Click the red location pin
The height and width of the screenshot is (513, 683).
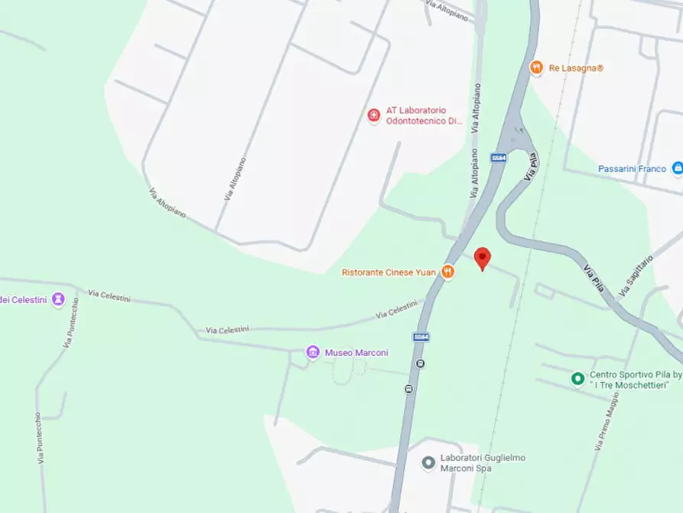(x=482, y=258)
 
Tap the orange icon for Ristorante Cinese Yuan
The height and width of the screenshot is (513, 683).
(x=449, y=272)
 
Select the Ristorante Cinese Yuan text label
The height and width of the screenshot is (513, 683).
(x=389, y=272)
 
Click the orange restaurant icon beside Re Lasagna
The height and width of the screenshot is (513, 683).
(x=536, y=67)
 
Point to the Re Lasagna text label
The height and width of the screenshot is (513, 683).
(x=576, y=68)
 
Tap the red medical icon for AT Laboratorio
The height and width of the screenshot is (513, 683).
(x=374, y=116)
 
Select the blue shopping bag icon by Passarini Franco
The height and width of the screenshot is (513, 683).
(x=677, y=168)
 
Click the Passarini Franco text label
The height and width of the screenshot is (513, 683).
(x=633, y=168)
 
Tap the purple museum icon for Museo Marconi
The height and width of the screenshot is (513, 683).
(x=312, y=352)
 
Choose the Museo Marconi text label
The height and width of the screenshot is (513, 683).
(x=356, y=353)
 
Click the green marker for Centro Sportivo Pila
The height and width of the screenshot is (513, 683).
(x=578, y=378)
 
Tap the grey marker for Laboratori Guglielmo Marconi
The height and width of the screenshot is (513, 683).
(x=429, y=462)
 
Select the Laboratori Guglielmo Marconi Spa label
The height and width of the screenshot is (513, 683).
(x=483, y=462)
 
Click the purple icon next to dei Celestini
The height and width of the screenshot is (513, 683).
(x=58, y=299)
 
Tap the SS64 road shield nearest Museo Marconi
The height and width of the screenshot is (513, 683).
(x=421, y=336)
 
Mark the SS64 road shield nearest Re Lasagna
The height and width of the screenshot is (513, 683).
(x=499, y=158)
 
